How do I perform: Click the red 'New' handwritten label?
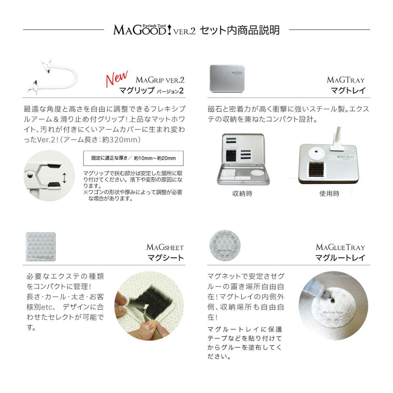click(x=117, y=78)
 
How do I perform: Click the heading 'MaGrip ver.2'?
click(x=160, y=80)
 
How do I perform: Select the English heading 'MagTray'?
click(x=346, y=80)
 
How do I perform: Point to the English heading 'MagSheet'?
click(x=165, y=247)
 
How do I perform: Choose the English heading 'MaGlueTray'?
click(x=340, y=247)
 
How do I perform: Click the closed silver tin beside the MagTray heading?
click(x=227, y=79)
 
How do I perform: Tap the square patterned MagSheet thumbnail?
click(x=41, y=247)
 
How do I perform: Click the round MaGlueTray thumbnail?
click(x=225, y=245)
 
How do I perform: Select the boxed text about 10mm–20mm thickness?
click(x=133, y=158)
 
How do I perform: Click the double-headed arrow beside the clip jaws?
click(x=65, y=178)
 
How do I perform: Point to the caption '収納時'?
click(x=242, y=194)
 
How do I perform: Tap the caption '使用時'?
click(x=329, y=194)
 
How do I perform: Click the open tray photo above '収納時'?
click(x=243, y=159)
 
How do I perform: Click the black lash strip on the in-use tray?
click(x=316, y=169)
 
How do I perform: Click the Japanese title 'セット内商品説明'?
click(x=240, y=30)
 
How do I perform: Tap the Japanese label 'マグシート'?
click(x=166, y=258)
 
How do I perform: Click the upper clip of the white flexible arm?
click(x=47, y=66)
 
